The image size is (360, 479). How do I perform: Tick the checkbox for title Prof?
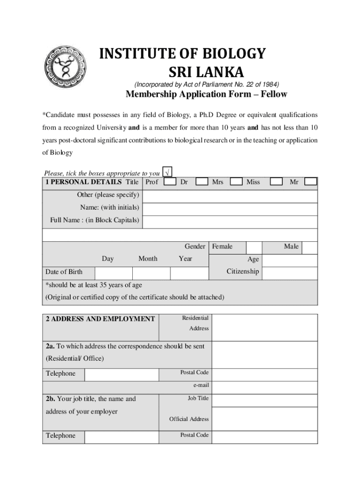[170, 182]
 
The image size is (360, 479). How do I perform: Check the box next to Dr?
[202, 182]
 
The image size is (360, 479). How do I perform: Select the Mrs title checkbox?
[236, 182]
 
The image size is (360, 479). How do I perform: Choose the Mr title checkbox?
[310, 182]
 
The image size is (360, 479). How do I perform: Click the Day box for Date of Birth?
[114, 273]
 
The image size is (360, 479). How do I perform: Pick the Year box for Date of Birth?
[189, 273]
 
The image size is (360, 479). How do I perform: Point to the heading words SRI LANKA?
[206, 73]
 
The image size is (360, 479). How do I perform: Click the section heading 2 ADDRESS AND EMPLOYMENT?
[101, 319]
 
